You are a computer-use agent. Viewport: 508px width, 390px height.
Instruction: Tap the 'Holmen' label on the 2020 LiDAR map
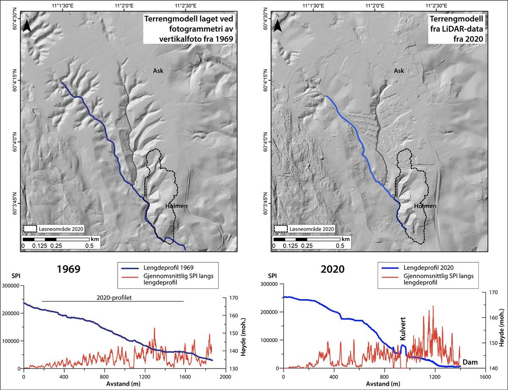tap(425, 206)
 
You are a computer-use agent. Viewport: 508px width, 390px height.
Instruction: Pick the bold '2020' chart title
tap(333, 270)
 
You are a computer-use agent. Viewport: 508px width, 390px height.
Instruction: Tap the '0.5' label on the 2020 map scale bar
tap(340, 246)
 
